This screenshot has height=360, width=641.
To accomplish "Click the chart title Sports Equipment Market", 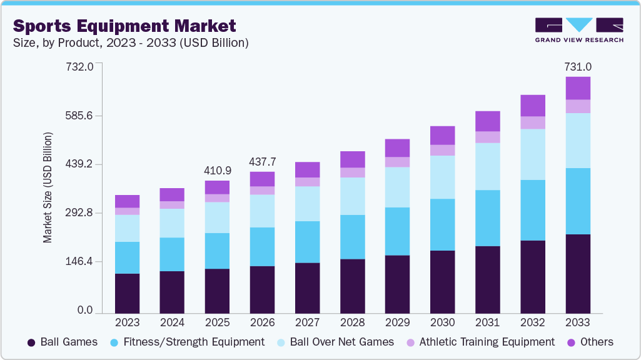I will (125, 26).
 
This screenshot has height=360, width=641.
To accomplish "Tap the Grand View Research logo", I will (578, 29).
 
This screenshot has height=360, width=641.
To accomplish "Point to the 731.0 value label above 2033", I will (578, 67).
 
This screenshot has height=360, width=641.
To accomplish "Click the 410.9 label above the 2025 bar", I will (218, 170).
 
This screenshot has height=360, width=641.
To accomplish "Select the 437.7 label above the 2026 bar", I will (263, 161).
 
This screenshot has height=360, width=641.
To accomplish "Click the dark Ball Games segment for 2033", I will (578, 273).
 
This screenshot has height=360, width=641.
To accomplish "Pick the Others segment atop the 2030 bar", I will (443, 135).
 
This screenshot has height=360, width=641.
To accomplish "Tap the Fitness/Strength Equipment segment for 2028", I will (353, 237).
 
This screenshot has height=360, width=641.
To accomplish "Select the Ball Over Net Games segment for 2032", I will (533, 154).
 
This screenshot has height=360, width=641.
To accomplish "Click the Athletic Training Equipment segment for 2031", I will (488, 137).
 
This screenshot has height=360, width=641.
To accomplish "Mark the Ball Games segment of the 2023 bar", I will (128, 292).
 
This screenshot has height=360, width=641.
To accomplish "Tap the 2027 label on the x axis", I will (307, 323).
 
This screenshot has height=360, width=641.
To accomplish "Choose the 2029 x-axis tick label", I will (397, 323).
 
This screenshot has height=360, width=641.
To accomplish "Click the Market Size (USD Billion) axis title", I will (48, 187).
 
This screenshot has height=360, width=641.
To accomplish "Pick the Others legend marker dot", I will (570, 342).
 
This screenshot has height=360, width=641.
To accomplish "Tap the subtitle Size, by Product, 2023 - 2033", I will (131, 43).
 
